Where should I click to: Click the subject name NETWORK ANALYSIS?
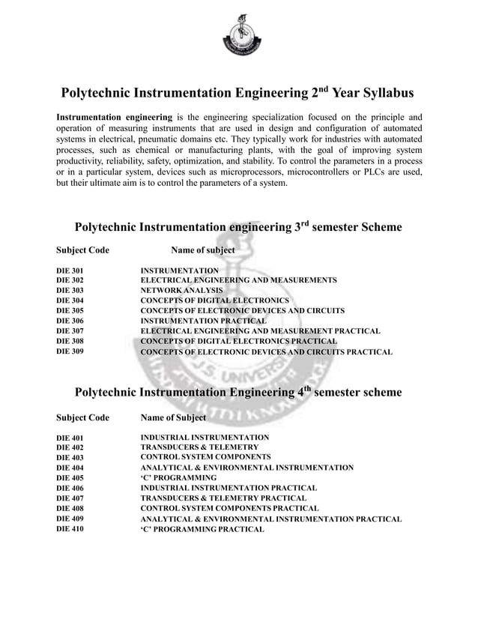pos(182,290)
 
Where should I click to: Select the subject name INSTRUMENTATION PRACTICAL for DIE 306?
pos(203,320)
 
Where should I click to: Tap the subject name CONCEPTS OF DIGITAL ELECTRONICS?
pos(215,301)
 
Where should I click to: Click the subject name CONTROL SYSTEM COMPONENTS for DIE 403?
pos(205,457)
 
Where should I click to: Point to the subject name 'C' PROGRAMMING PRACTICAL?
pos(202,530)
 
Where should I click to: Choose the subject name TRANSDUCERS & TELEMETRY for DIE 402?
pos(199,447)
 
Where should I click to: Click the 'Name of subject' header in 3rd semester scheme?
pos(203,250)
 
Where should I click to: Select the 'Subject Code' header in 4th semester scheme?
pos(83,417)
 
